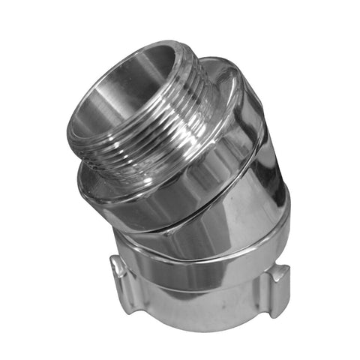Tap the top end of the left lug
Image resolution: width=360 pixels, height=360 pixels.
pyautogui.click(x=116, y=259)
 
